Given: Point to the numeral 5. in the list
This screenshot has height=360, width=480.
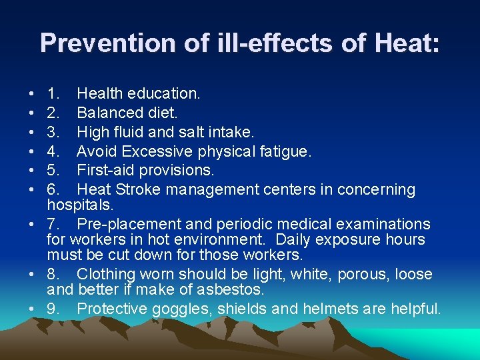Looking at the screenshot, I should (53, 171).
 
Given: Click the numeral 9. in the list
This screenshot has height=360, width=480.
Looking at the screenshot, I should (53, 309).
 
